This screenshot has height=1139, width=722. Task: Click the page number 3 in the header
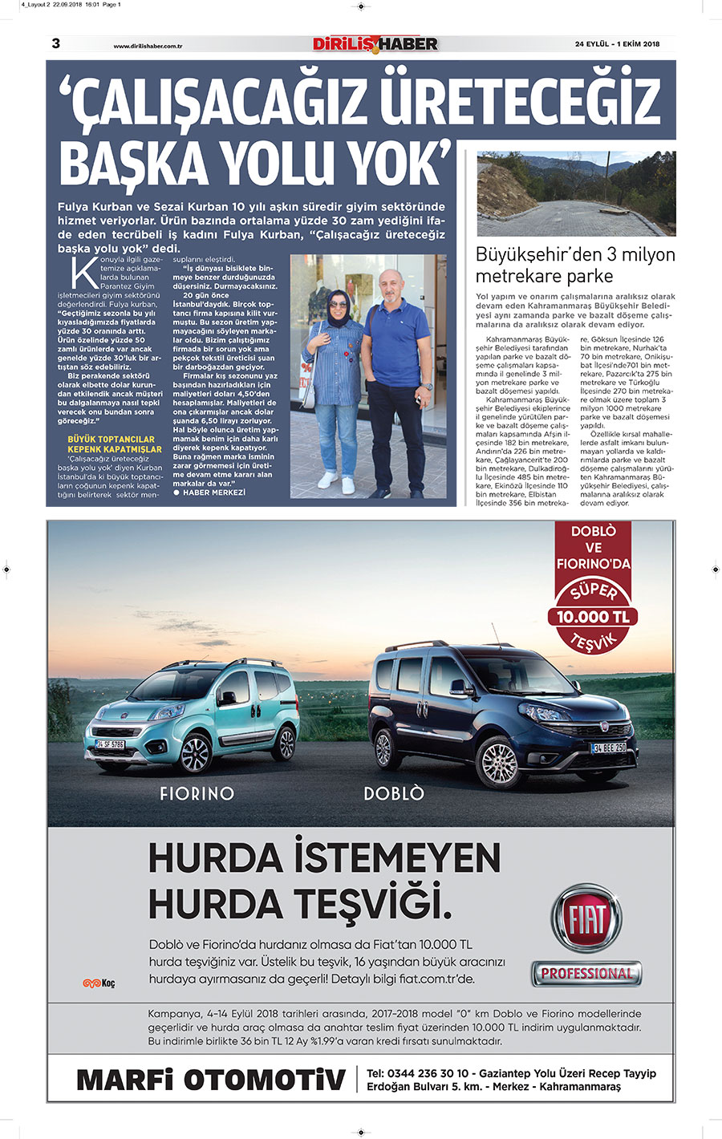[x=55, y=43]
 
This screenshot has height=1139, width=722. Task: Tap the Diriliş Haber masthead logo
[x=375, y=44]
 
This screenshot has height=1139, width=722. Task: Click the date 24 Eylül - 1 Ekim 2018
[x=617, y=44]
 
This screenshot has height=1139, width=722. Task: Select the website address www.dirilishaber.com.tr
[x=148, y=47]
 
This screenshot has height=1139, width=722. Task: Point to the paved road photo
[x=576, y=193]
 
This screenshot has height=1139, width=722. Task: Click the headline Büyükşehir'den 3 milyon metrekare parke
[x=574, y=265]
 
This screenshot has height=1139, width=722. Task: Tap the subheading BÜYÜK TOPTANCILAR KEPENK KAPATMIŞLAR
[x=112, y=444]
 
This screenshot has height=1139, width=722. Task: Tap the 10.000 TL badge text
[x=593, y=617]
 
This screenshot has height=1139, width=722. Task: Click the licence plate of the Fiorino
[x=111, y=744]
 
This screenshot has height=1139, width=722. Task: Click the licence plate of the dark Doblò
[x=609, y=748]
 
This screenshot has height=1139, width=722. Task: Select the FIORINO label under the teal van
[x=197, y=793]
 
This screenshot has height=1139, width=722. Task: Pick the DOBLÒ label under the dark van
[x=393, y=793]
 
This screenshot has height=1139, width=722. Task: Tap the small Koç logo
[x=99, y=983]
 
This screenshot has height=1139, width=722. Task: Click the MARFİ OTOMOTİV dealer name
[x=211, y=1080]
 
